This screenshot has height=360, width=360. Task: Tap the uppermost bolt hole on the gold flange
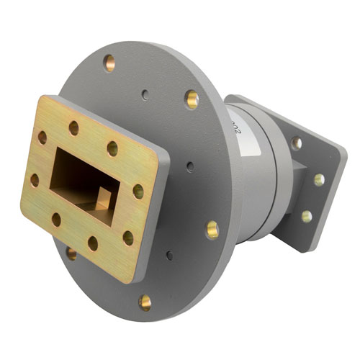pos(73,128)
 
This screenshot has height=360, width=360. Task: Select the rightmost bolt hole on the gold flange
pos(138,192)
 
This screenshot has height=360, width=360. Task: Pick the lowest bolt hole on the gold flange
pos(92,243)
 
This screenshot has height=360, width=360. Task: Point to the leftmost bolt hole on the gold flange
pos(35,179)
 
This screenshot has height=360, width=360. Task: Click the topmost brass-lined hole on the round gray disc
pos(109,63)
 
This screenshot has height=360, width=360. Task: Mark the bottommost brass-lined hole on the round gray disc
pos(145,301)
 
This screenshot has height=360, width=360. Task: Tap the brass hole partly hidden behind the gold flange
pos(72,253)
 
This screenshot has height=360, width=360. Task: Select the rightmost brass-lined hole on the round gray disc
pos(212,230)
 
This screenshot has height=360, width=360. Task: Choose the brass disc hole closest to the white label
pos(192,99)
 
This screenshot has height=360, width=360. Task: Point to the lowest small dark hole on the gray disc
pos(169,255)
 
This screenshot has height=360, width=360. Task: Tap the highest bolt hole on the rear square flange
pos(296,143)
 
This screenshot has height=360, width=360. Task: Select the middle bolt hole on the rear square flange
pos(318,179)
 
